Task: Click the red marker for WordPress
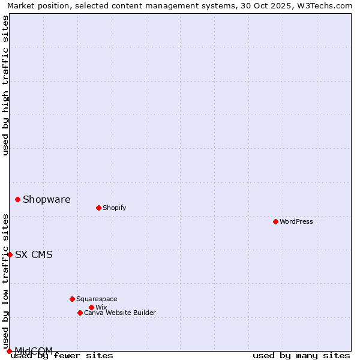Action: point(275,221)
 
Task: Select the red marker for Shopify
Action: point(98,208)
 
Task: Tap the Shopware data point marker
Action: point(17,199)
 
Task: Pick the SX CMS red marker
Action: point(10,254)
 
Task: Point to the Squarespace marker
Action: point(72,299)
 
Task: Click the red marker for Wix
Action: point(91,307)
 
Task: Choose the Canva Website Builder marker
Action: point(80,313)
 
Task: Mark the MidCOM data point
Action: point(9,351)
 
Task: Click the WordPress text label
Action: point(296,221)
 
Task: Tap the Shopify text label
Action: point(114,208)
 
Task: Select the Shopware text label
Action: point(46,199)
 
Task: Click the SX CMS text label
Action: point(34,254)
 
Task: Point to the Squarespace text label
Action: point(97,299)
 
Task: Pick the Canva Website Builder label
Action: point(120,313)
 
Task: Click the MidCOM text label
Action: point(34,350)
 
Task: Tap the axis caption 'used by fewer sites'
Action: point(62,355)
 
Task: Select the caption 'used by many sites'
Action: point(301,355)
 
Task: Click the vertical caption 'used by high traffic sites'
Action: point(5,85)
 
